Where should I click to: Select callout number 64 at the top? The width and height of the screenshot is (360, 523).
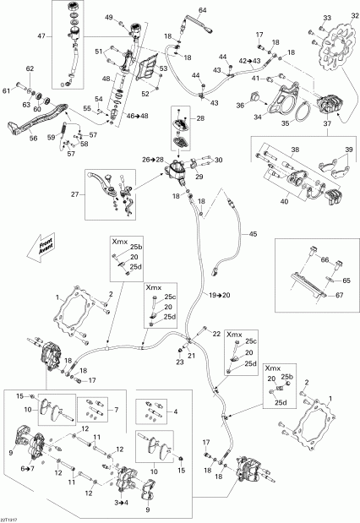click(202, 10)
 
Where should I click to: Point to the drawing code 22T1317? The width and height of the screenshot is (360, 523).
click(12, 518)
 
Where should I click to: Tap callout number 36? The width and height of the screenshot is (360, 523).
click(239, 106)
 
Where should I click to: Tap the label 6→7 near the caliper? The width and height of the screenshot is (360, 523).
click(28, 468)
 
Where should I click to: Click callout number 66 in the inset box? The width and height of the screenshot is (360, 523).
click(323, 262)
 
